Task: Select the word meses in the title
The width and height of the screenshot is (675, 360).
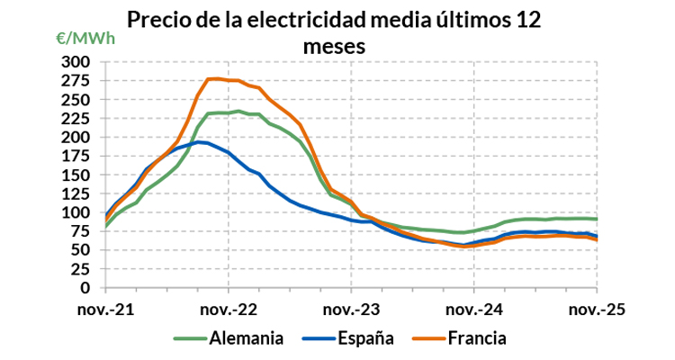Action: coord(334,47)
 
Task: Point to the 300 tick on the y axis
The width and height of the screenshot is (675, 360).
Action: coord(77,61)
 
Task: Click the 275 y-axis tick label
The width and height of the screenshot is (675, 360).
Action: coord(77,80)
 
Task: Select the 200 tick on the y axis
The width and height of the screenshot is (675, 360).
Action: coord(77,137)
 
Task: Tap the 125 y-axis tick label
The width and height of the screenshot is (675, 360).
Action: coord(77,193)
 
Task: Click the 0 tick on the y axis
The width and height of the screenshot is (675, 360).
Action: coord(86,288)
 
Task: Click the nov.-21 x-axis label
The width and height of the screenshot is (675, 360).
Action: coord(106,308)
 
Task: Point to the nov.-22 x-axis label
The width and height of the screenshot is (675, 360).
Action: coord(229,308)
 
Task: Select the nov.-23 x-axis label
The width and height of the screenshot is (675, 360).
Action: coord(352,308)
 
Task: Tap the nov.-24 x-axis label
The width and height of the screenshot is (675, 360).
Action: coord(474,308)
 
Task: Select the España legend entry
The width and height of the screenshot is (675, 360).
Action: coord(364,339)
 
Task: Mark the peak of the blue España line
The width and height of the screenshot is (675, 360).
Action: coord(199,142)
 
